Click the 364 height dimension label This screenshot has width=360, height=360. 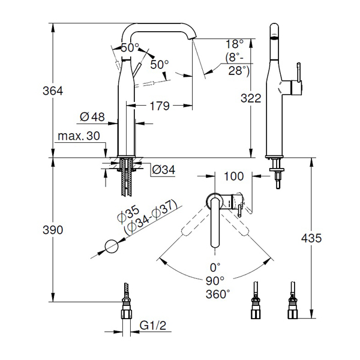(53, 91)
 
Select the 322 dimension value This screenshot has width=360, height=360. (251, 98)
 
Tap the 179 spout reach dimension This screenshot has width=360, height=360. (160, 106)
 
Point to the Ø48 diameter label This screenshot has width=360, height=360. (92, 117)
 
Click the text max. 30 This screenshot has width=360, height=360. (79, 136)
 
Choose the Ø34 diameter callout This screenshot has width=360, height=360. (163, 170)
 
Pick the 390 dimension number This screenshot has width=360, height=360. (53, 230)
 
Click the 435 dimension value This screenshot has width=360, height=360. (311, 238)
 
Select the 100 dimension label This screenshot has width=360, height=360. (233, 176)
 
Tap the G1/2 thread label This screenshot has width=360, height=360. (152, 325)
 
